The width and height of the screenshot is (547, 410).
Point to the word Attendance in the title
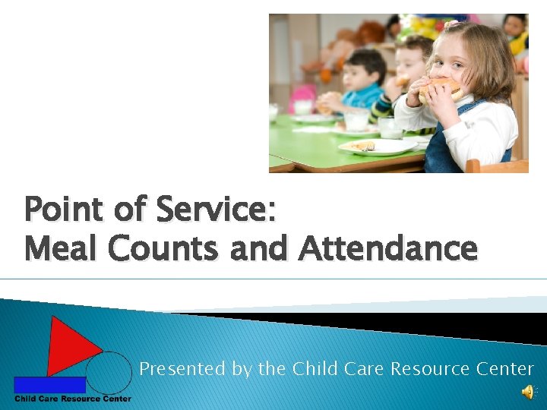388,248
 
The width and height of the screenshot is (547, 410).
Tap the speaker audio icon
526,392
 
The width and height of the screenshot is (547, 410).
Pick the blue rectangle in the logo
49,384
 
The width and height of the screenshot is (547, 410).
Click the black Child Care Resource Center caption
72,399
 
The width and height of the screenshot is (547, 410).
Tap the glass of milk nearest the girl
390,127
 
